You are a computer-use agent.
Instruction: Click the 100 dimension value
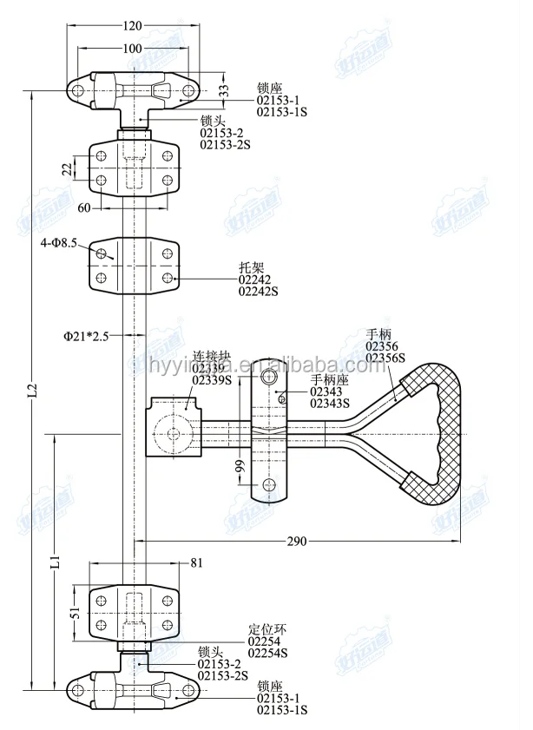tap(132, 49)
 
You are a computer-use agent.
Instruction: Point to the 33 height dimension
tap(224, 89)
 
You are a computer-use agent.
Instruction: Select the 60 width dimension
tap(84, 208)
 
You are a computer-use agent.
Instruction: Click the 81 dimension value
tap(195, 563)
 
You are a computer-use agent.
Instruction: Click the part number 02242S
tap(258, 292)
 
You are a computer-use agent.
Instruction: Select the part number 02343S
tap(330, 403)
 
